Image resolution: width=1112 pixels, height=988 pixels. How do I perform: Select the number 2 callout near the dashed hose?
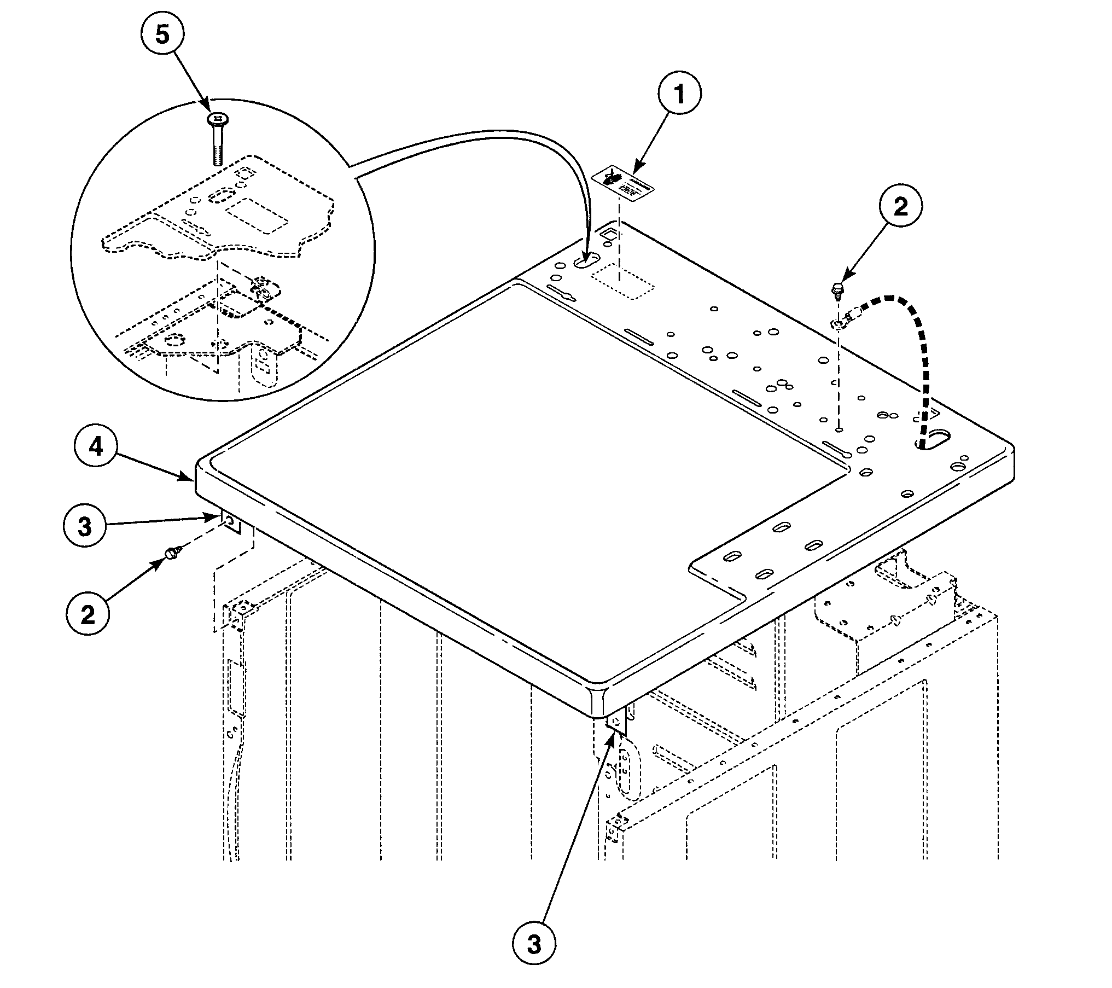tap(900, 206)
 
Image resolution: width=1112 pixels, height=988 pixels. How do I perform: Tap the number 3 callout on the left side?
tap(84, 525)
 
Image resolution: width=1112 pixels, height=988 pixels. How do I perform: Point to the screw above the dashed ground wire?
tap(837, 290)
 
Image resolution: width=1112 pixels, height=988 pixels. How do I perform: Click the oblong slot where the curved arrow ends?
tap(586, 261)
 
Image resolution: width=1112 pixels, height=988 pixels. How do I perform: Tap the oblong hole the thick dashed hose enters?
tap(933, 439)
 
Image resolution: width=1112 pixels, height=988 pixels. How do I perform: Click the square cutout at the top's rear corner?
tap(608, 234)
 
